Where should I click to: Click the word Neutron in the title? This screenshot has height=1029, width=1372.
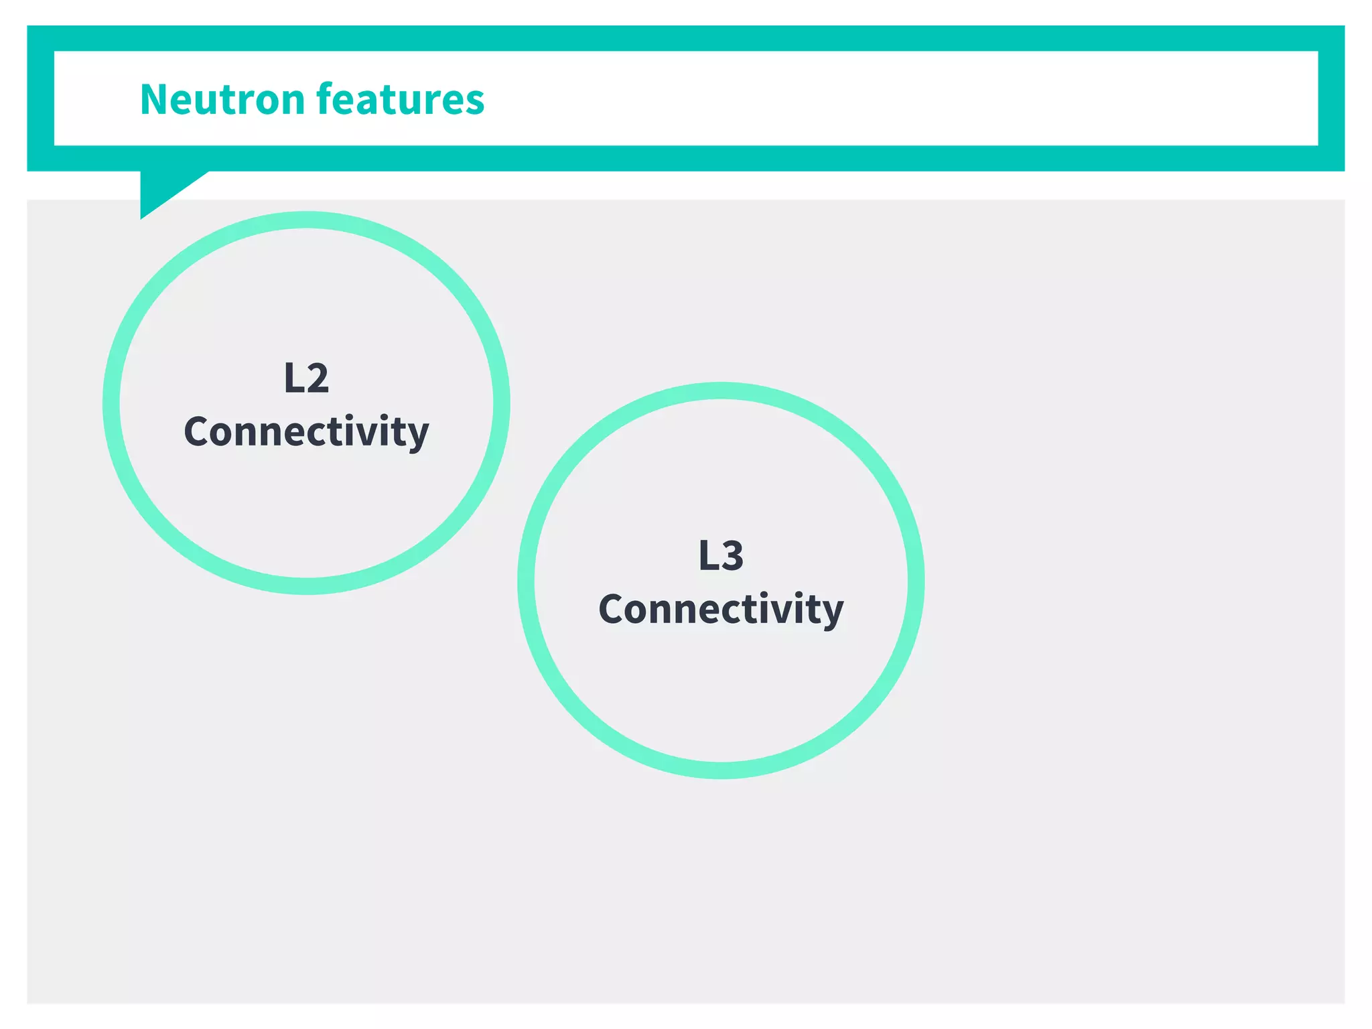(222, 99)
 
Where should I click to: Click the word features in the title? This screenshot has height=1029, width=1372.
(400, 99)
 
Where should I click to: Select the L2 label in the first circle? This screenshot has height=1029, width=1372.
(306, 378)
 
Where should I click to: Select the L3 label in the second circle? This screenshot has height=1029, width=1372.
(721, 555)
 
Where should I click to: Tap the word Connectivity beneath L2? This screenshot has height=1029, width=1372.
(306, 431)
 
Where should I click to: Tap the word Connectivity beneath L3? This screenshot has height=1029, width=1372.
(721, 609)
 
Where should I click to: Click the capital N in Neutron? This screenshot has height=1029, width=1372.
(154, 100)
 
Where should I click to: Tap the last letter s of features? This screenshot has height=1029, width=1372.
(474, 102)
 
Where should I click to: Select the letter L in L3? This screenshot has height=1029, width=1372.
(707, 556)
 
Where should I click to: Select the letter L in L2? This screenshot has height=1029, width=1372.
(293, 379)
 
